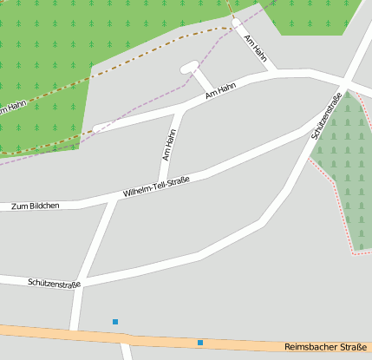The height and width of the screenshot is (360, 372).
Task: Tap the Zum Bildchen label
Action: point(36,206)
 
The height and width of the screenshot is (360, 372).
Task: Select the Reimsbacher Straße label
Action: point(327,347)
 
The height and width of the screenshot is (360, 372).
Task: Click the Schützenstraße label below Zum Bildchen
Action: point(54,283)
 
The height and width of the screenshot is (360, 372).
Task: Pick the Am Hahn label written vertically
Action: point(169,144)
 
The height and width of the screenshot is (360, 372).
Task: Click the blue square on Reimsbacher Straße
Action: point(200,343)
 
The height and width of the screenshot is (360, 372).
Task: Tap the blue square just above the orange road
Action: point(115,322)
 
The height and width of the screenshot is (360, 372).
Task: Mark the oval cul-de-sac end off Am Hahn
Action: point(189,67)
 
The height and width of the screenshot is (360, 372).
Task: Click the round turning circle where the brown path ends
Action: point(236,23)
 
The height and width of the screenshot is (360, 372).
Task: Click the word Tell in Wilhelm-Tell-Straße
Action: point(159,186)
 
